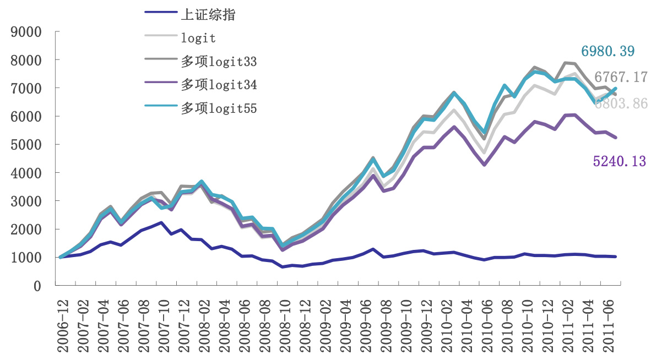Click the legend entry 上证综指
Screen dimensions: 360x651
(x=208, y=15)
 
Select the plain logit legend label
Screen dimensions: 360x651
(x=198, y=38)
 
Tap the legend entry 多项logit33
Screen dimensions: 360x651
(x=219, y=62)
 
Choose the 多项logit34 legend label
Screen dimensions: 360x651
(x=219, y=85)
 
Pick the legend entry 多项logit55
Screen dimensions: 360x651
(x=219, y=108)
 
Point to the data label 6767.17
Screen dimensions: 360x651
(x=621, y=77)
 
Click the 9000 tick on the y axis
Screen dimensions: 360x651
(x=26, y=32)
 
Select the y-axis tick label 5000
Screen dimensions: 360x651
(x=26, y=145)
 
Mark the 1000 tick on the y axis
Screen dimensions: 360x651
(x=26, y=258)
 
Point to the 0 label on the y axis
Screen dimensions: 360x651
(x=38, y=286)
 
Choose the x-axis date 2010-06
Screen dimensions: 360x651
(x=486, y=323)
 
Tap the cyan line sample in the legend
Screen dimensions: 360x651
(x=160, y=108)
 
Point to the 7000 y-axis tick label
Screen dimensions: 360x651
(x=26, y=89)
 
